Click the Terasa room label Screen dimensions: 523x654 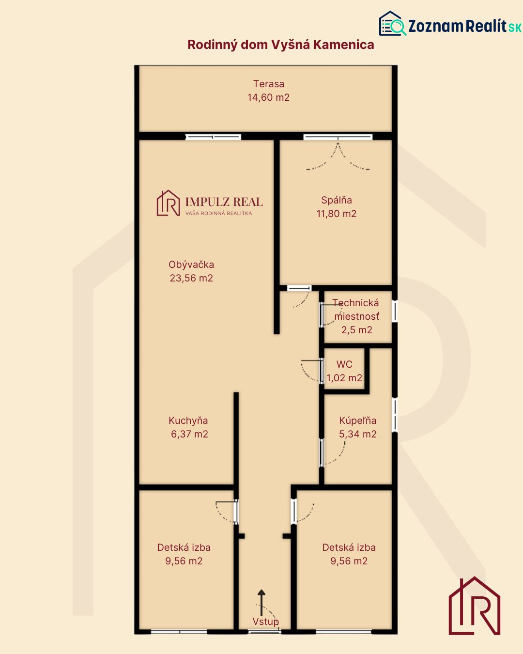point(269,84)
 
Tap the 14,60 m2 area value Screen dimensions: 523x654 point(268,97)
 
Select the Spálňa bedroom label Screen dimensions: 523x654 point(337,200)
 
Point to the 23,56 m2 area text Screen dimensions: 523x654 point(191,278)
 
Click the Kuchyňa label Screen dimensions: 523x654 point(188,420)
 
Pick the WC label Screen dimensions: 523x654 point(344,364)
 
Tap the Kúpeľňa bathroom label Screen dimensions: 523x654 point(358,420)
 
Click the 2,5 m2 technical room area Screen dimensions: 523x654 point(357,330)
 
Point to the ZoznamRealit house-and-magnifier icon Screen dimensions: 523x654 point(392,24)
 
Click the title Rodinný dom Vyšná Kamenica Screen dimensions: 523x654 point(280,45)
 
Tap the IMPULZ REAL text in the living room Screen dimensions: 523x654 point(224,202)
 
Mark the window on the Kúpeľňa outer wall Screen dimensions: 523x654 point(395,415)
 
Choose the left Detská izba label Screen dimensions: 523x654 point(184,547)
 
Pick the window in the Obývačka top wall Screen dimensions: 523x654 point(213,137)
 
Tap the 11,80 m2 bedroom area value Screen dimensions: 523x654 point(337,214)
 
